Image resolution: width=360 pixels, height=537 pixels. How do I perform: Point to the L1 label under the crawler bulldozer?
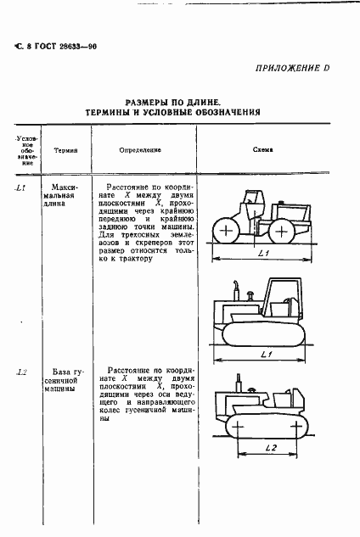point(265,353)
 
